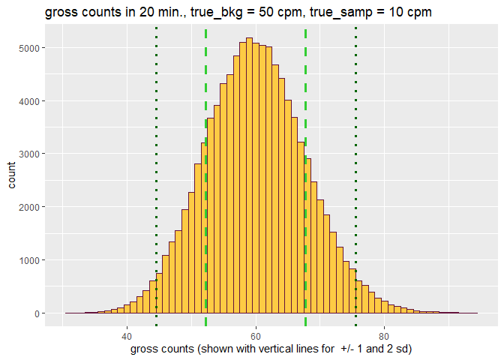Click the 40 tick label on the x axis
click(x=127, y=335)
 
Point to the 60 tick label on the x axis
click(x=256, y=335)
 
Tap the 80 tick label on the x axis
click(x=385, y=335)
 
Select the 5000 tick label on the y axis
click(x=29, y=48)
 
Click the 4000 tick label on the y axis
click(x=29, y=101)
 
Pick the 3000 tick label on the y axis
click(x=29, y=154)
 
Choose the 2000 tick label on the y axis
click(x=29, y=207)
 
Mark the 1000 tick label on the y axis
click(x=29, y=260)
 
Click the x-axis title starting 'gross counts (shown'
click(x=271, y=349)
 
